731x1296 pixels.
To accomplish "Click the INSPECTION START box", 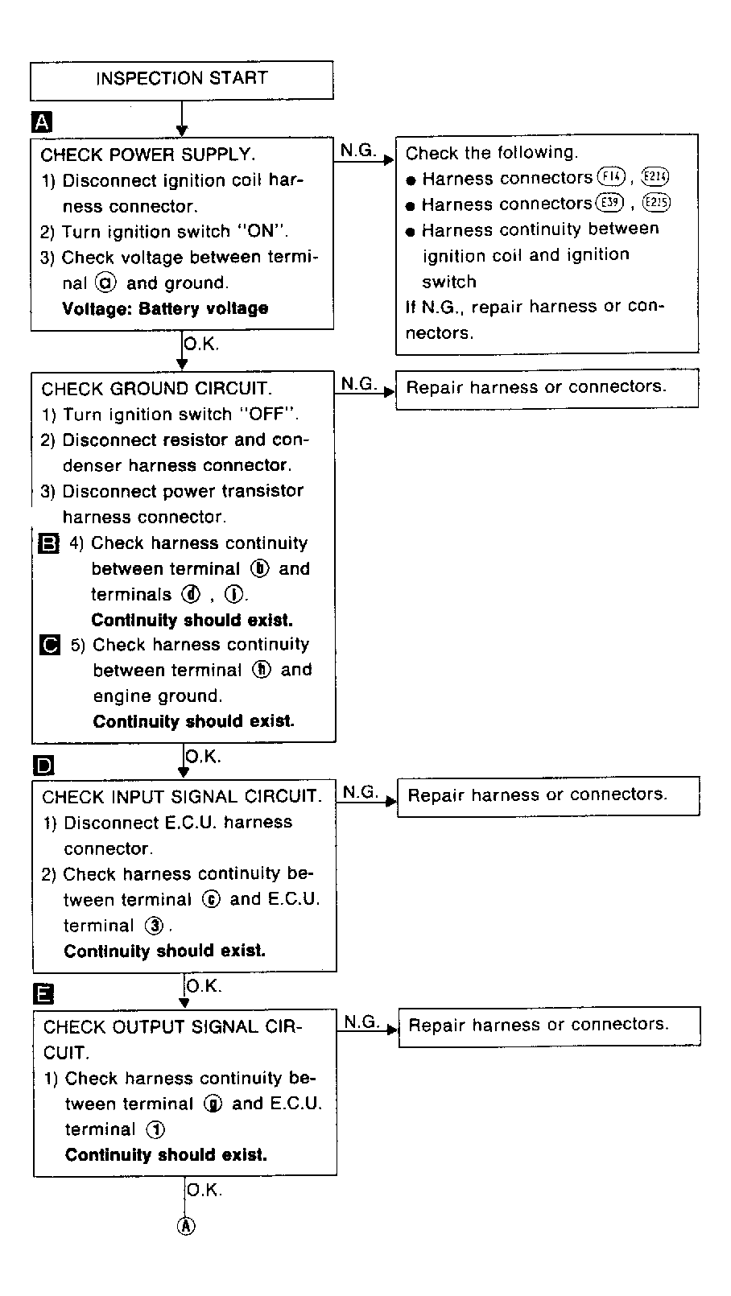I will click(181, 79).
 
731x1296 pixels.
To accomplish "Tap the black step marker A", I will click(41, 122).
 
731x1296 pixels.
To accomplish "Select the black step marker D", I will click(43, 765).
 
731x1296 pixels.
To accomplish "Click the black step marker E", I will click(44, 995).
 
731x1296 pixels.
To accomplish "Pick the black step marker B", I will click(49, 543).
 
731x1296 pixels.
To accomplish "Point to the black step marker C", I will click(50, 645).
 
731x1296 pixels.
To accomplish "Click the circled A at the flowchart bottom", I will click(186, 1226).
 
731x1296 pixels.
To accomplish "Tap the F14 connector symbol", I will click(611, 178).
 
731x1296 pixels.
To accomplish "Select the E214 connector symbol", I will click(655, 178).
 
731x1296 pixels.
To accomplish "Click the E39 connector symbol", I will click(609, 204).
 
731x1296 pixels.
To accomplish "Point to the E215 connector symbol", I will click(656, 204).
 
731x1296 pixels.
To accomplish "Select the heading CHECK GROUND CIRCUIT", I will click(156, 389).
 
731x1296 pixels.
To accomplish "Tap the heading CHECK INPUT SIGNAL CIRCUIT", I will click(182, 797).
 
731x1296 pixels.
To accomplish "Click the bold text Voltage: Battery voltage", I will click(165, 308).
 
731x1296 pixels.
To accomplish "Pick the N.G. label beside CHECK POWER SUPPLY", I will click(357, 150).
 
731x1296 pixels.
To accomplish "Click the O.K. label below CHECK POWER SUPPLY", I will click(201, 344).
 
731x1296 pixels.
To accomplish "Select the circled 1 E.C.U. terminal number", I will click(155, 1129).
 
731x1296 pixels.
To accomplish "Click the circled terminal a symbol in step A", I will click(105, 283).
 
